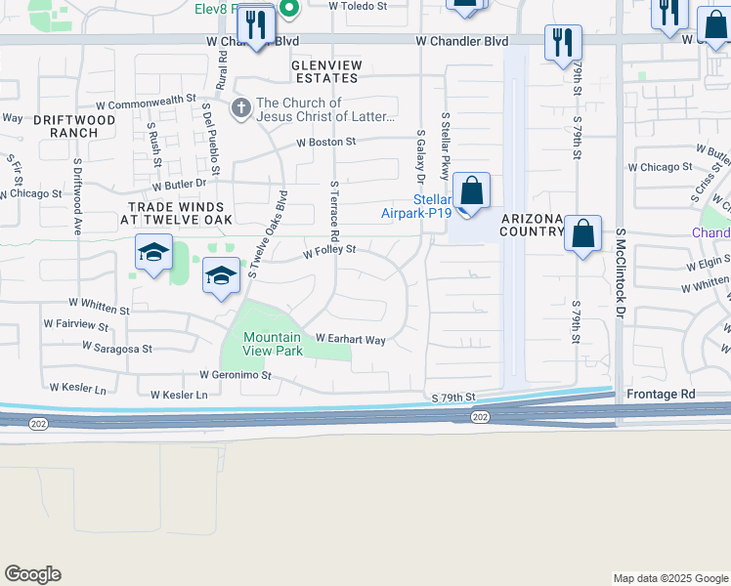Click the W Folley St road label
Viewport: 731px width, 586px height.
tap(328, 251)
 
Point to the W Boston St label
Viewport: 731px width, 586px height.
tap(327, 142)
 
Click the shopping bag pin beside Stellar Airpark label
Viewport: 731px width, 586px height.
tap(471, 192)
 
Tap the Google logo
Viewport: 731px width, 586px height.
tap(32, 574)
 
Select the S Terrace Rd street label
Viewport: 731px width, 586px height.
tap(334, 210)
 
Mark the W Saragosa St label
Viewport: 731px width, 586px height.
tap(117, 347)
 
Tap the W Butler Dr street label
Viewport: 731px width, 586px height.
tap(179, 183)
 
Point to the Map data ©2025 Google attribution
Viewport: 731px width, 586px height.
tap(669, 578)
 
